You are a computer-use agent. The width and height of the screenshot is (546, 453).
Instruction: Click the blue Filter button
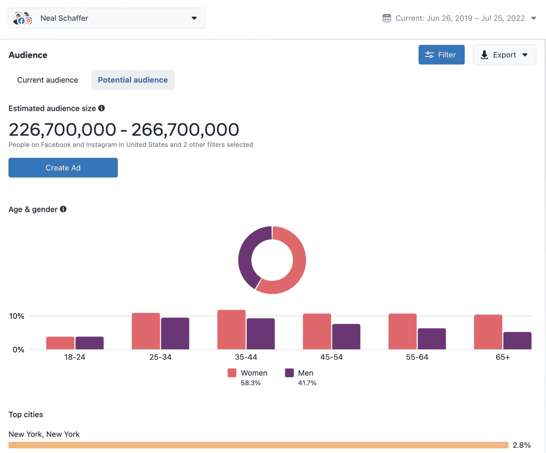pos(441,55)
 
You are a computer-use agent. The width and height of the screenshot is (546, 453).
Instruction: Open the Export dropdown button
pos(504,55)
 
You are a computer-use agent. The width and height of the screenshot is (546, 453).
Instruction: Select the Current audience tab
pos(48,80)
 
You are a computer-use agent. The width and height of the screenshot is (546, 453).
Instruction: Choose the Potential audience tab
pos(133,80)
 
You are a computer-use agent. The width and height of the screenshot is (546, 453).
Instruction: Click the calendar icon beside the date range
pos(386,18)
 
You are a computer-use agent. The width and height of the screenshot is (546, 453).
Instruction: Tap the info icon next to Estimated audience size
pos(102,108)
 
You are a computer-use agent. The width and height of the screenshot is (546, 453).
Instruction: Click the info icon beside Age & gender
pos(63,209)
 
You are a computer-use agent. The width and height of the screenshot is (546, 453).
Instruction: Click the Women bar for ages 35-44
pos(231,330)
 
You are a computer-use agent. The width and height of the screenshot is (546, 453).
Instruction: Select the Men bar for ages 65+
pos(517,341)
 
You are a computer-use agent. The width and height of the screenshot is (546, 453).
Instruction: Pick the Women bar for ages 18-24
pos(60,343)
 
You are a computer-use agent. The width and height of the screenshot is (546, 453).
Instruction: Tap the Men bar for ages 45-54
pos(346,336)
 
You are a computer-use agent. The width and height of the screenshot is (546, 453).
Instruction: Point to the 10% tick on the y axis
pos(16,316)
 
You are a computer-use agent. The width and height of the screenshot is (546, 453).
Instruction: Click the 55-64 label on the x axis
pos(417,357)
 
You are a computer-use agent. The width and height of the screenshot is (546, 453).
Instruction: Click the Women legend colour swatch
pos(232,373)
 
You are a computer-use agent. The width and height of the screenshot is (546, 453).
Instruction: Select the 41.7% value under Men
pos(307,383)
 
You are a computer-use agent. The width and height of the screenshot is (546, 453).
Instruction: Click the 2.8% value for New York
pos(521,445)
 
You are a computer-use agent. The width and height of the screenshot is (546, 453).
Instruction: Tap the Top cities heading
pos(26,415)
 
